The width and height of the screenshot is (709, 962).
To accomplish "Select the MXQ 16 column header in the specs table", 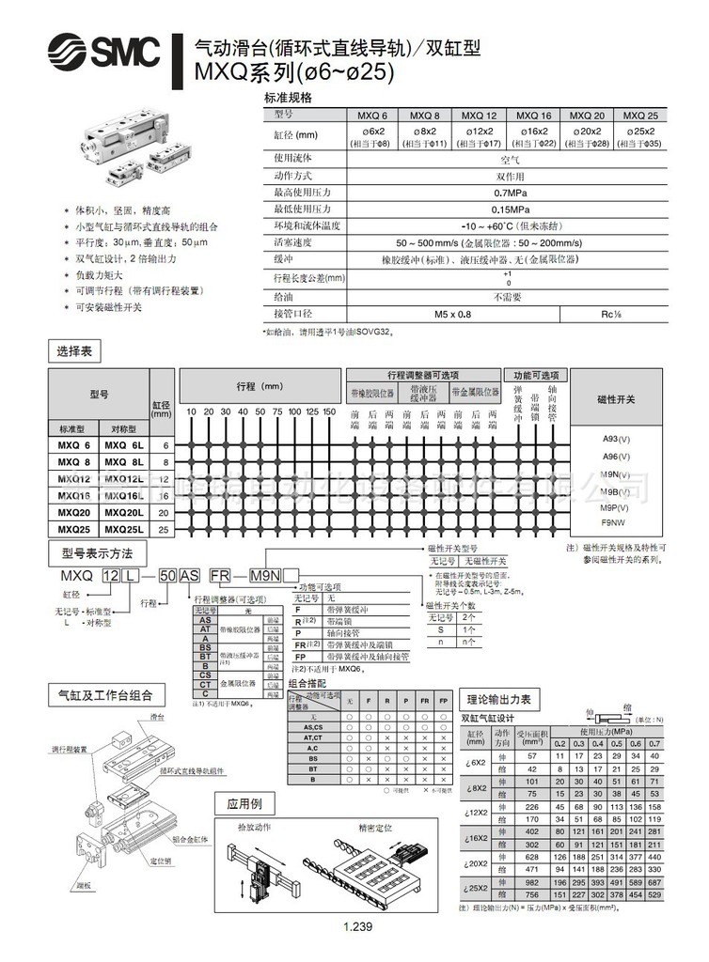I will click(x=532, y=114).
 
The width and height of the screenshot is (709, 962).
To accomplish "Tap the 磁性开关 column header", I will click(x=617, y=399).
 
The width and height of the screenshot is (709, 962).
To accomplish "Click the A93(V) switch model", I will click(x=617, y=439).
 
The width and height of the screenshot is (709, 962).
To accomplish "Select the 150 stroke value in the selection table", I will click(x=329, y=411).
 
